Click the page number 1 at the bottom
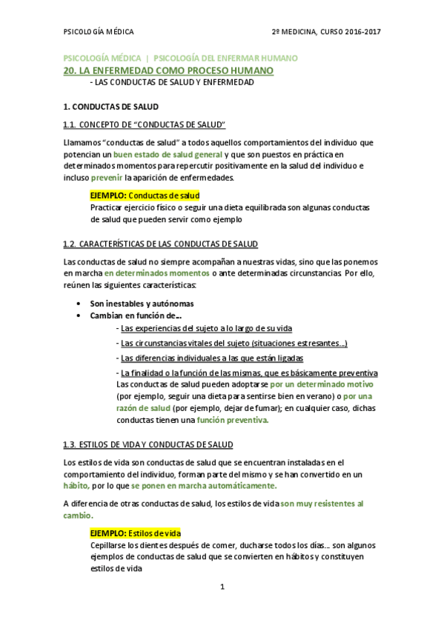click(222, 587)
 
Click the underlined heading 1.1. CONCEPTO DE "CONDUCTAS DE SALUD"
click(145, 124)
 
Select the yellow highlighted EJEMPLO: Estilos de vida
click(136, 533)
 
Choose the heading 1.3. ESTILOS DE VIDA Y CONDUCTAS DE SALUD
click(148, 444)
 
